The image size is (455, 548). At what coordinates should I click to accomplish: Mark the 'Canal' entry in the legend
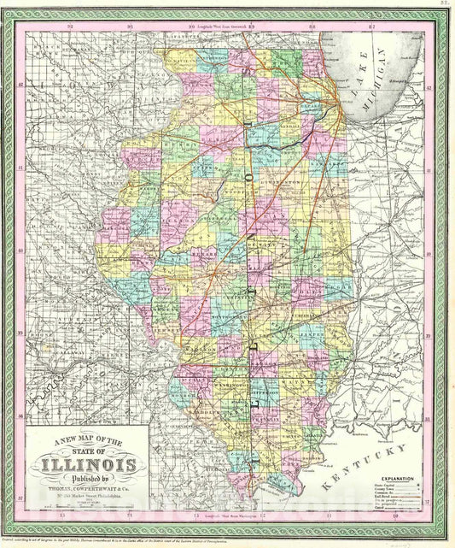point(378,509)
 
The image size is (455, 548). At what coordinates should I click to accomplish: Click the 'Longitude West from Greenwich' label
point(221,27)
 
